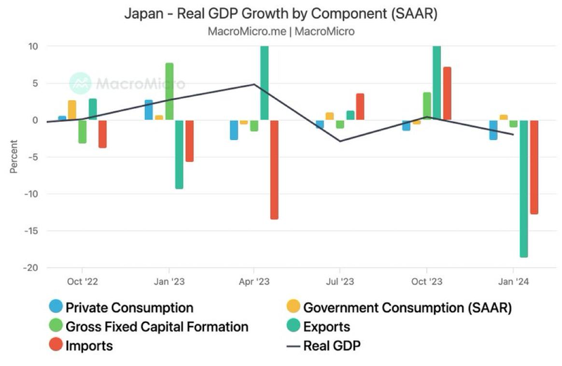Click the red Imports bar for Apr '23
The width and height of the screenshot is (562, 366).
coord(274,169)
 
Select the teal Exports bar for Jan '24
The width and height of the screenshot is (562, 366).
coord(523,188)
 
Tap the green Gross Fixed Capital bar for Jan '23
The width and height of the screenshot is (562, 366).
coord(170,91)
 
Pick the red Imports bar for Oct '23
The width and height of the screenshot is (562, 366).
coord(447,93)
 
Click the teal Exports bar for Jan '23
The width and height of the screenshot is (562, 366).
coord(179,154)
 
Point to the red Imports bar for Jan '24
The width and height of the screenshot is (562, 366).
coord(534,167)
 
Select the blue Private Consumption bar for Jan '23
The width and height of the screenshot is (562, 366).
coord(148,110)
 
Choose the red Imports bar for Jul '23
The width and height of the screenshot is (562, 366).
coord(360,106)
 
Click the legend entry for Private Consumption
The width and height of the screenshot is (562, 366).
coord(120,308)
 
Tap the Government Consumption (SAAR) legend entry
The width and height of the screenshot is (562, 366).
coord(398,308)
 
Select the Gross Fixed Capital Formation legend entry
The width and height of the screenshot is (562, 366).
coord(148,327)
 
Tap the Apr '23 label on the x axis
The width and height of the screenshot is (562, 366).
coord(254,282)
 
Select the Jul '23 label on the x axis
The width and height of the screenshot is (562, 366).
coord(340,282)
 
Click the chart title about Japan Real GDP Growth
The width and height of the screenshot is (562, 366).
coord(281,13)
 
